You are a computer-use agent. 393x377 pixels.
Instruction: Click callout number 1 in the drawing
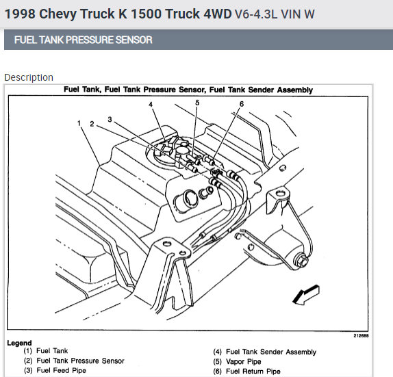click(x=79, y=123)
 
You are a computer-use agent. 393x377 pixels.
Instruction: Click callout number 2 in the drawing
click(x=92, y=124)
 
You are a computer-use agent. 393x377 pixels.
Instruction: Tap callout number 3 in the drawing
click(x=110, y=120)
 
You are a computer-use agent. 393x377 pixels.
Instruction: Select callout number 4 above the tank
click(x=151, y=104)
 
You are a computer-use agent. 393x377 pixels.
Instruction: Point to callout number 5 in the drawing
click(x=197, y=103)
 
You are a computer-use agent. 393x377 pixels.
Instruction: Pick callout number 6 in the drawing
click(x=242, y=104)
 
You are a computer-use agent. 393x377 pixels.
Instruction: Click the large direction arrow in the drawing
click(x=306, y=295)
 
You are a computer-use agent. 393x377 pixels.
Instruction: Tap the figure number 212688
click(x=361, y=336)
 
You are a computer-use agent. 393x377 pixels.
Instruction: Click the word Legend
click(x=19, y=343)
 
